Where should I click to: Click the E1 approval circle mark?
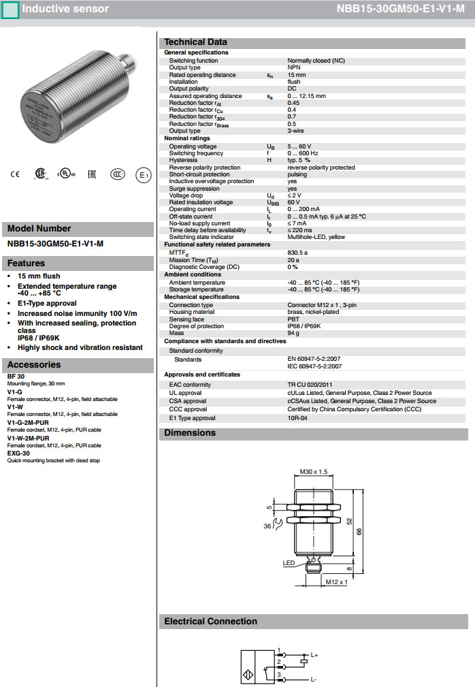[143, 175]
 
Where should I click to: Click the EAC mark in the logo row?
[92, 174]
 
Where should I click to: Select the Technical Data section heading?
[196, 42]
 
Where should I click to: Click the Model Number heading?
[39, 229]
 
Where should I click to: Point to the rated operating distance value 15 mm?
[297, 75]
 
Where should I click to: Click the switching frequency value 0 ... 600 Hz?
[303, 153]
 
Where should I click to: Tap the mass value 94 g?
[293, 334]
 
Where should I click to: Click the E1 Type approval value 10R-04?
[297, 418]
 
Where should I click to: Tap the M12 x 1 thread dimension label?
[336, 582]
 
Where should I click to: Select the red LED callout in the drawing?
[289, 562]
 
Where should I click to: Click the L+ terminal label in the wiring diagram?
[314, 656]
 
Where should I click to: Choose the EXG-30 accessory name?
[18, 453]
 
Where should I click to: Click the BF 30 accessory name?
[16, 376]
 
